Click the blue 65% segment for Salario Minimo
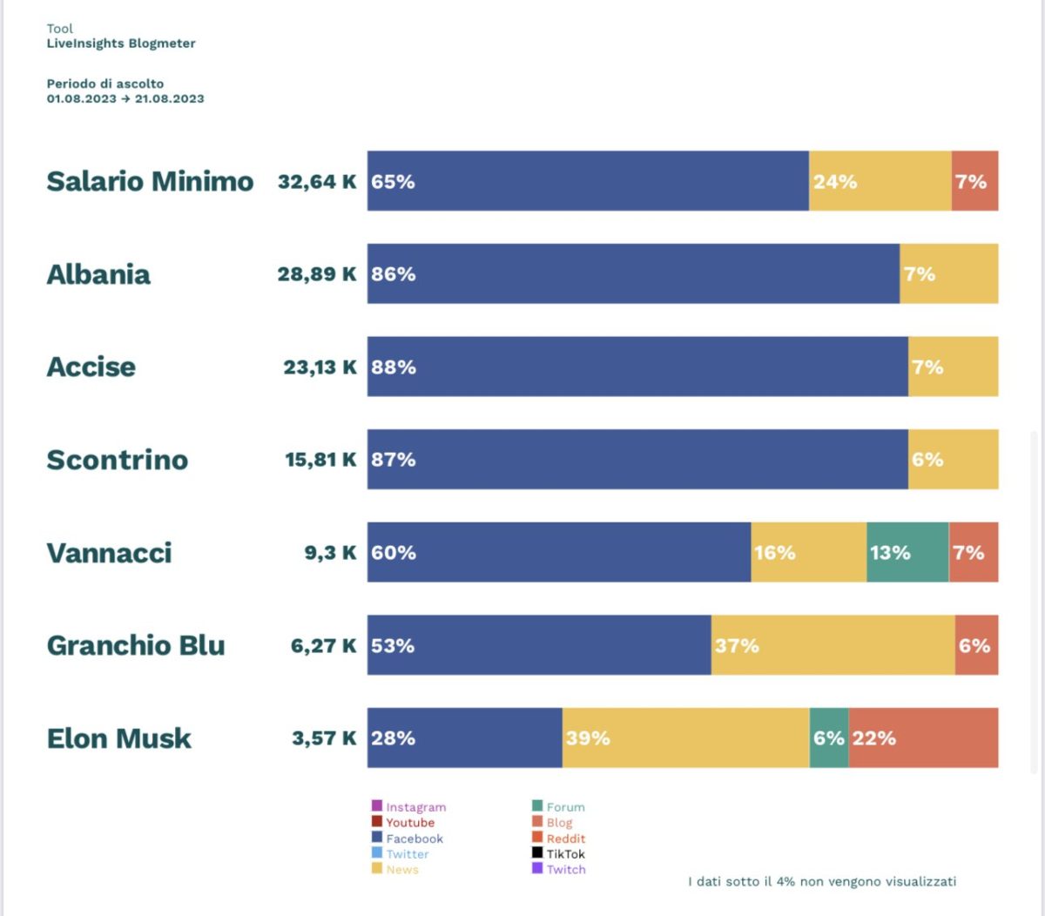point(588,181)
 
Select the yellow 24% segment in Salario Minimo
point(880,181)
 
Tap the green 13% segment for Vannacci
point(907,552)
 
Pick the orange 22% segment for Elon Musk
point(923,738)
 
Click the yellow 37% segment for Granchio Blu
point(833,645)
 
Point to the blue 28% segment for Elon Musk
point(464,738)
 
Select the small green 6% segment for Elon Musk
point(829,738)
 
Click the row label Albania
point(98,274)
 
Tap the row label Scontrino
point(118,460)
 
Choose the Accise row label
point(91,367)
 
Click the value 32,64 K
point(317,181)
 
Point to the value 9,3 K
point(330,552)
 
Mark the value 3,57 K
point(324,738)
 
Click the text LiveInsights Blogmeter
point(121,44)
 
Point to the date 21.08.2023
point(170,98)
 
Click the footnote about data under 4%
point(822,881)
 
